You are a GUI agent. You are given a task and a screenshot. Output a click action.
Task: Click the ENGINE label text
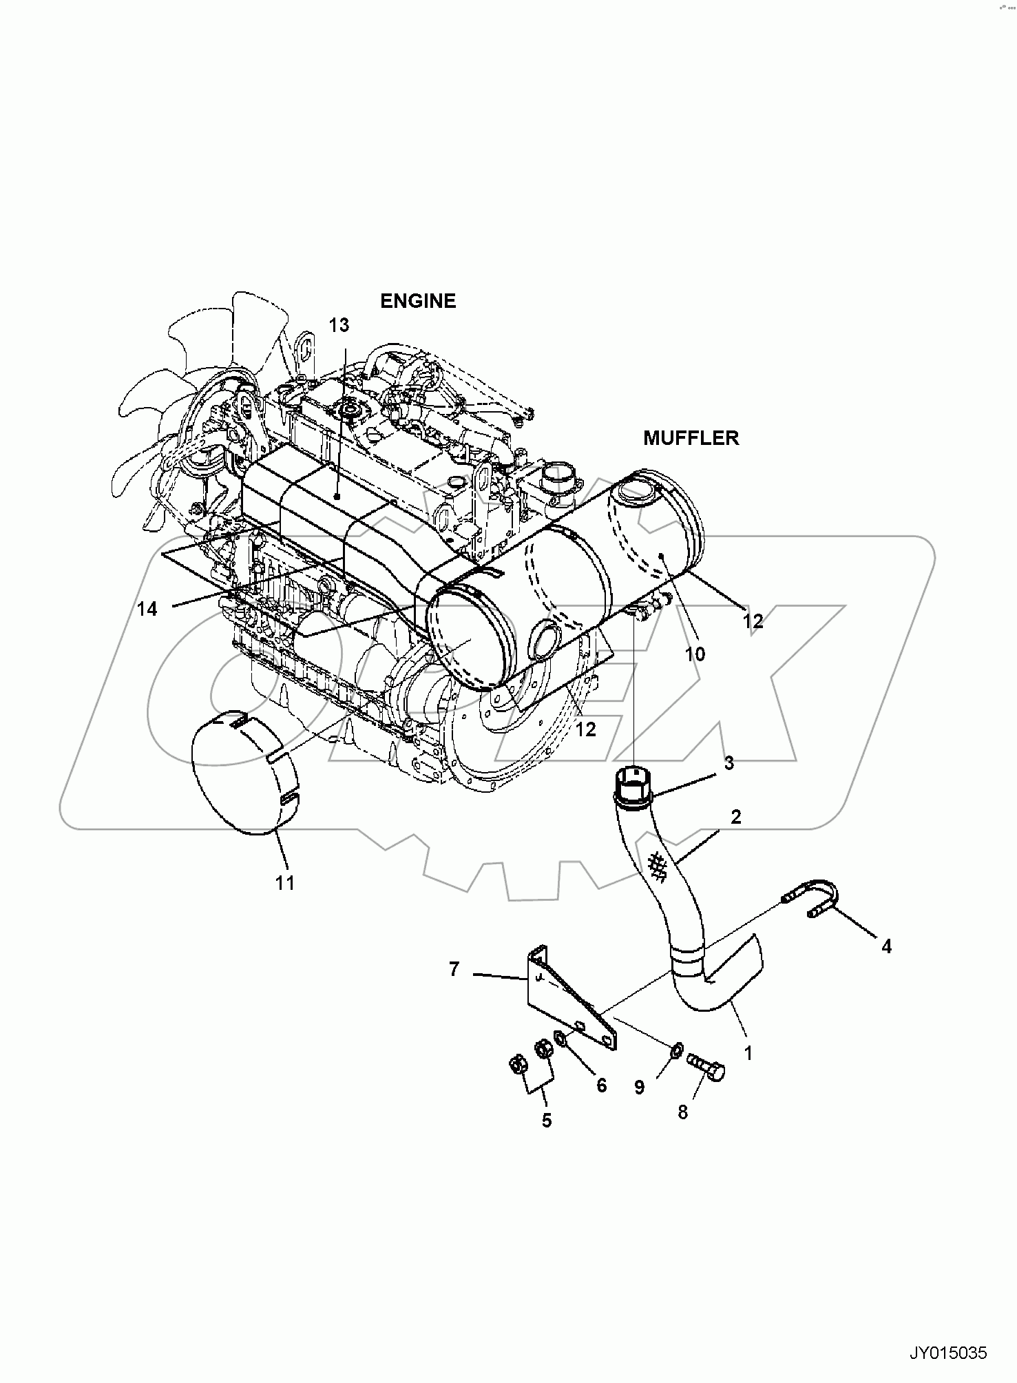418,301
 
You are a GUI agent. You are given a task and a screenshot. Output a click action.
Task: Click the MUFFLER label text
691,438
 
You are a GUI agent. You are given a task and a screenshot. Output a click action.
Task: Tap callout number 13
339,325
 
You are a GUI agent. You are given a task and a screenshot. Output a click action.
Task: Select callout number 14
147,609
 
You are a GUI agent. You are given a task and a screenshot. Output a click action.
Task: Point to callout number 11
285,883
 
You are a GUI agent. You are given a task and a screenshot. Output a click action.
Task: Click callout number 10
695,654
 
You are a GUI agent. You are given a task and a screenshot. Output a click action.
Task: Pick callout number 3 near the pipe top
728,763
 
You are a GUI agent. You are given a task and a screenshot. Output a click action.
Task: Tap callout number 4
886,947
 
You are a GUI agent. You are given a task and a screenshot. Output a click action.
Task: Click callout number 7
454,970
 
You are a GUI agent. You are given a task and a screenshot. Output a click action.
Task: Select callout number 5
546,1121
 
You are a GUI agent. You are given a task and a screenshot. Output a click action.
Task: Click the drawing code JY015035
948,1354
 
